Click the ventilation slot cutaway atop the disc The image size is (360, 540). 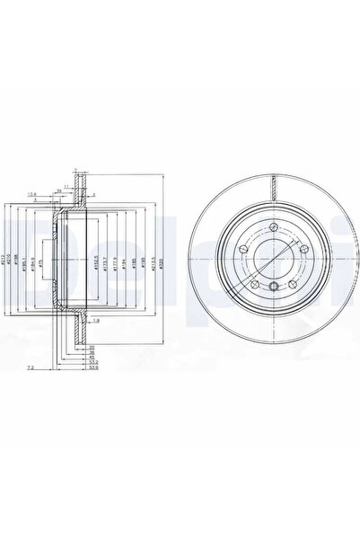tap(273, 183)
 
